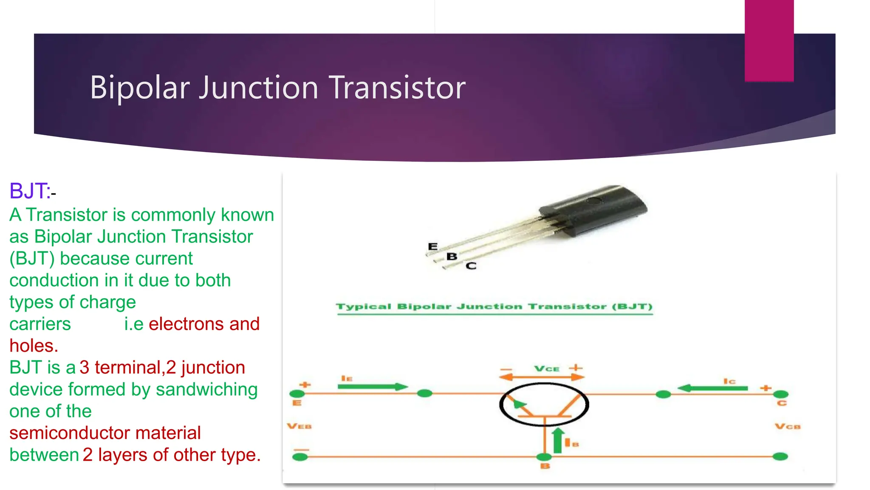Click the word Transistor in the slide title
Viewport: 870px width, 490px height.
[x=397, y=88]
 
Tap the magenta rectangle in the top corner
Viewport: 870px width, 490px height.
[x=769, y=40]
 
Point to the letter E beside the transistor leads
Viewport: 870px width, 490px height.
[x=432, y=246]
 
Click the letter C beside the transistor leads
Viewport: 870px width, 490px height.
[x=471, y=266]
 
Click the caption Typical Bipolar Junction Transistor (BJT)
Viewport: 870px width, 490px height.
[x=494, y=307]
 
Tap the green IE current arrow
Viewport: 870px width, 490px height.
[x=372, y=387]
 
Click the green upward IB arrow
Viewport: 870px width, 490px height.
[x=558, y=441]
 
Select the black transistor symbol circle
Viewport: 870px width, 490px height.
[x=544, y=404]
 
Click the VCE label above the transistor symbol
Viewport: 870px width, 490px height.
[x=546, y=369]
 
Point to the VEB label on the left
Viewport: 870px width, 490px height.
[x=299, y=426]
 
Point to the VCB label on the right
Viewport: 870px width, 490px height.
[x=787, y=427]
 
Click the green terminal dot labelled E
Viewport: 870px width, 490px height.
[x=297, y=394]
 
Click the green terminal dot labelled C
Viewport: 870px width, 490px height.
[x=780, y=394]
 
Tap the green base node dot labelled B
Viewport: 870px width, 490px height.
[x=544, y=457]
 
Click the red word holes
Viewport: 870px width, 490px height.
[x=33, y=346]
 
